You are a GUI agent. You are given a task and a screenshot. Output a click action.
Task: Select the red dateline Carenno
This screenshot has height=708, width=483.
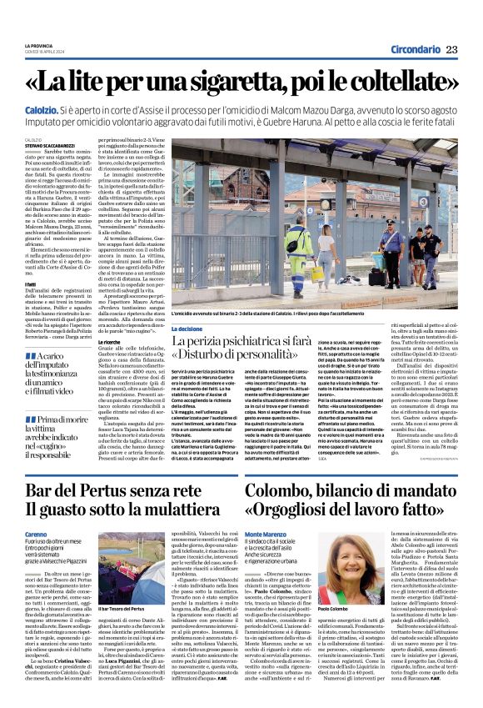pos(36,533)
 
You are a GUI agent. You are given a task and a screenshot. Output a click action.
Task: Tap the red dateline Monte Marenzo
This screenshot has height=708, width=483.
pos(266,533)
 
